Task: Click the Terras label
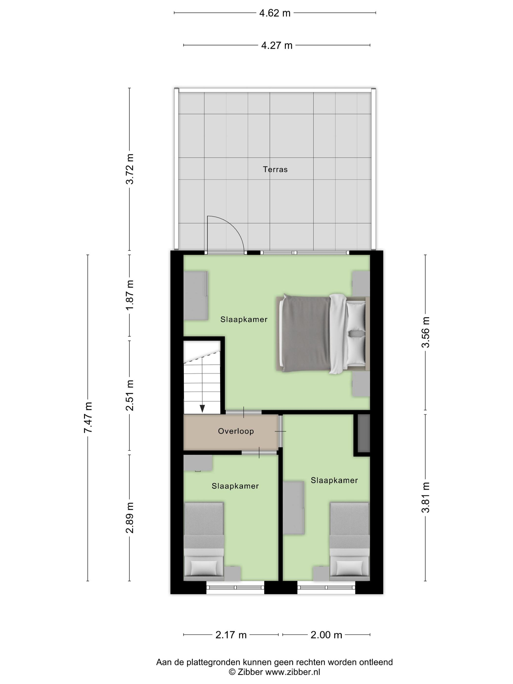pos(275,170)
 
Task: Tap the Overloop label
pos(236,431)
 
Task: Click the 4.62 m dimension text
pos(275,13)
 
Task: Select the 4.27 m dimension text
pos(277,45)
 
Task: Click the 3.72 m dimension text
pos(130,169)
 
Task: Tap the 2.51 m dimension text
pos(130,395)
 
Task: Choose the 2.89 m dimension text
pos(130,518)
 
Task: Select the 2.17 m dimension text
pos(231,635)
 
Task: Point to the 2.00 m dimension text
pos(326,635)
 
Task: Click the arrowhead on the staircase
pos(202,408)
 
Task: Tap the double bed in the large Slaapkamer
pos(322,334)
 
